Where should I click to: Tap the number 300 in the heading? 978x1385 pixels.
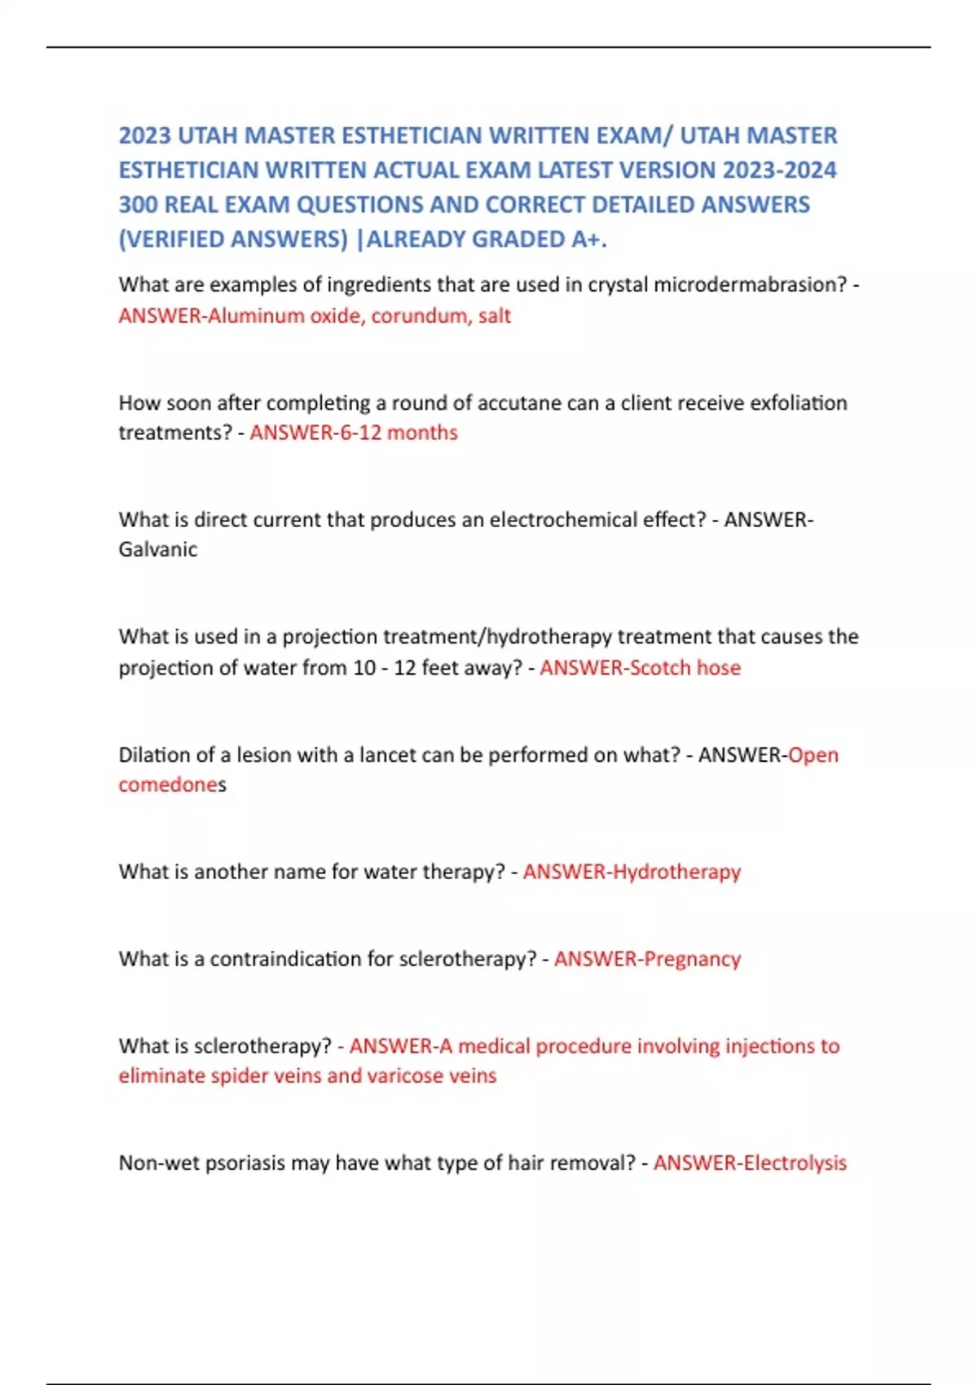138,204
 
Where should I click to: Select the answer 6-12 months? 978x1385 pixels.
398,433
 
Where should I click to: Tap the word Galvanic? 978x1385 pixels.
158,550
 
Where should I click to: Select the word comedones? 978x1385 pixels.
172,785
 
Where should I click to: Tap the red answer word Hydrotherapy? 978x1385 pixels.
676,872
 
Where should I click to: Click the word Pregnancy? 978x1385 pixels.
692,959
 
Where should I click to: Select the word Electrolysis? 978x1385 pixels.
795,1163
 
